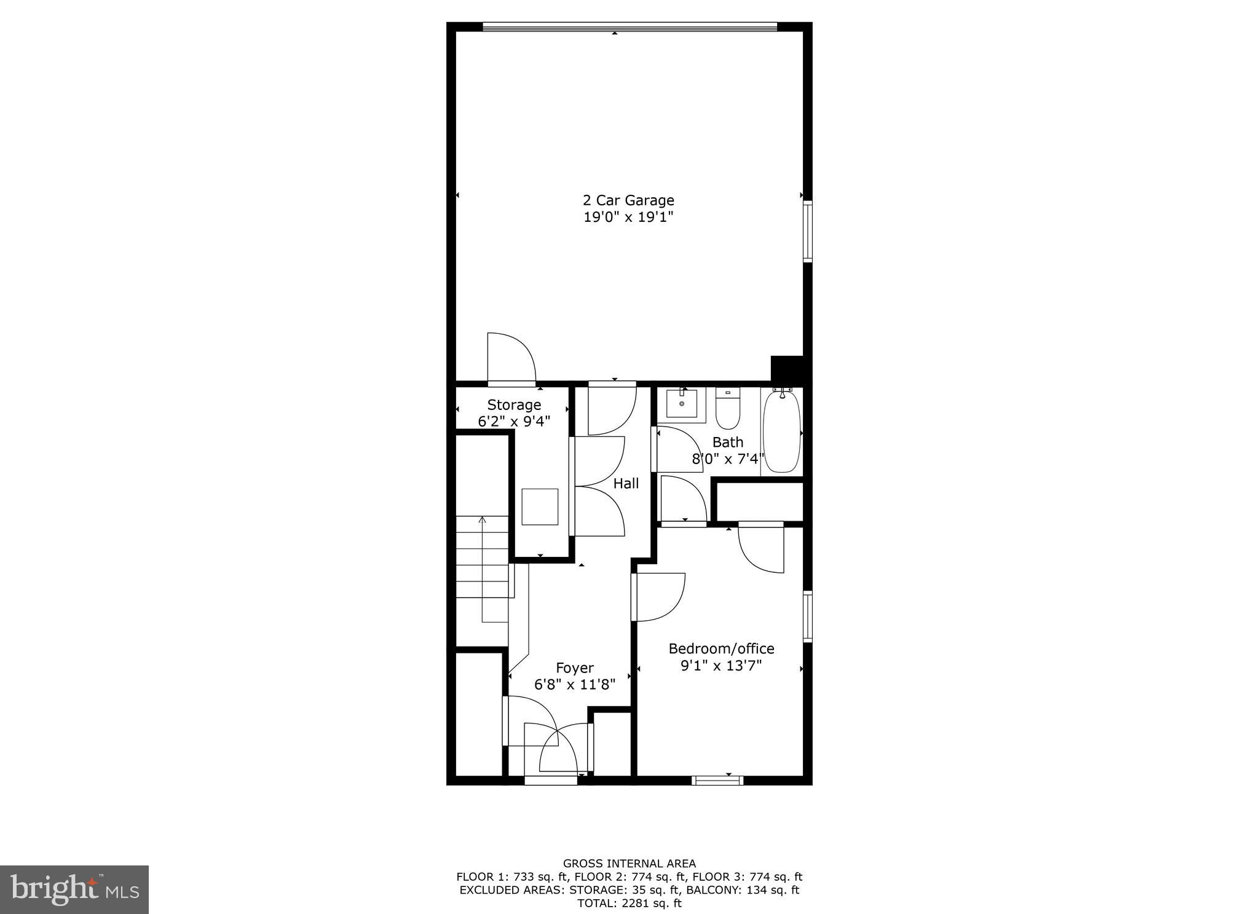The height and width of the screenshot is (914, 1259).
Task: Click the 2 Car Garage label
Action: coord(628,200)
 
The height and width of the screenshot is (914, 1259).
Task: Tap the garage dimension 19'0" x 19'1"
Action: coord(628,217)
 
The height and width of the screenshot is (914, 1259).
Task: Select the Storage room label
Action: coord(514,404)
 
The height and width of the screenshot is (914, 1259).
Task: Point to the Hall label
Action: coord(626,484)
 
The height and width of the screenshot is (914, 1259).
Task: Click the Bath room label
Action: coord(728,442)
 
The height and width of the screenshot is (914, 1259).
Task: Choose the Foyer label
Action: coord(575,668)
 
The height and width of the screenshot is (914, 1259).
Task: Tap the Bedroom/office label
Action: coord(721,648)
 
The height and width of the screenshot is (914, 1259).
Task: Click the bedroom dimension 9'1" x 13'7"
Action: coord(721,666)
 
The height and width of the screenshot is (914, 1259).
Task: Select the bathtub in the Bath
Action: coord(782,431)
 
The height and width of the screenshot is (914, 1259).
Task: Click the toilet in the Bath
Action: coord(728,408)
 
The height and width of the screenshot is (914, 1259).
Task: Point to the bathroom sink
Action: coord(682,404)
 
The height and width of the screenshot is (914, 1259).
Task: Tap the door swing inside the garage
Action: coord(510,358)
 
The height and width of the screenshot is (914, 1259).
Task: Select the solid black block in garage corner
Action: coord(787,368)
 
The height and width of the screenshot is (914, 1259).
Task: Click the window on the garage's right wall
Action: coord(808,232)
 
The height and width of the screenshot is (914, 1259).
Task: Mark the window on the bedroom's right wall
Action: coord(808,617)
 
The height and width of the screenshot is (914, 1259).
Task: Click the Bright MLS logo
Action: coord(74,889)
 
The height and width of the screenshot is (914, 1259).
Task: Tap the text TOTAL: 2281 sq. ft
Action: coord(629,904)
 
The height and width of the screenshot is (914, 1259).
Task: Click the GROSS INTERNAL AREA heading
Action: coord(629,863)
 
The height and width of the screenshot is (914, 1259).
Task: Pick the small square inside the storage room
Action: coord(540,506)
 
